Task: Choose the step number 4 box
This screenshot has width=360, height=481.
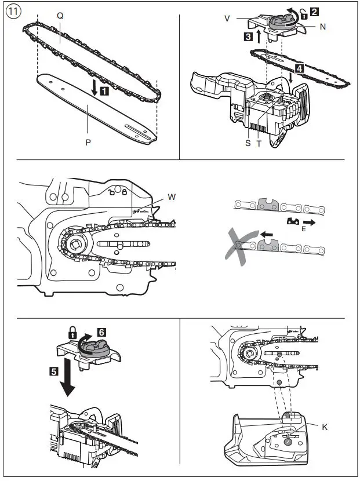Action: (x=298, y=68)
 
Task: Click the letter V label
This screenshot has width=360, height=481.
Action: (x=227, y=19)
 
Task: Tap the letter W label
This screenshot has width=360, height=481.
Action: (x=172, y=197)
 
